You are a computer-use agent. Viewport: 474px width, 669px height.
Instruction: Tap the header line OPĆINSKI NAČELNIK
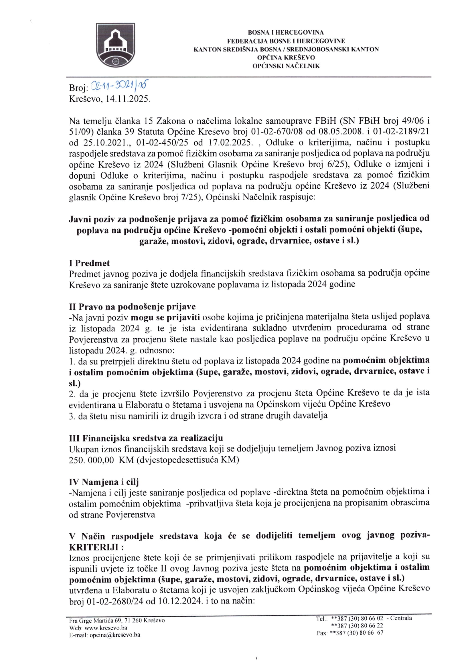pyautogui.click(x=286, y=66)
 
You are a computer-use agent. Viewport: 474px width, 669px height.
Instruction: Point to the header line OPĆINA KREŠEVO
pyautogui.click(x=286, y=58)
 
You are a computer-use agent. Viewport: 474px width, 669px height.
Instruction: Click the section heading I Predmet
pyautogui.click(x=89, y=263)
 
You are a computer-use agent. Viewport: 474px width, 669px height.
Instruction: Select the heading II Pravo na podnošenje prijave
pyautogui.click(x=132, y=307)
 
